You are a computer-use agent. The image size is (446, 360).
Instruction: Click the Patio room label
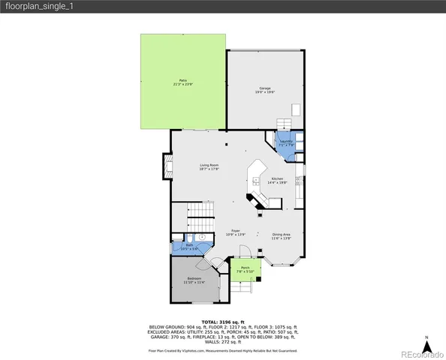point(182,80)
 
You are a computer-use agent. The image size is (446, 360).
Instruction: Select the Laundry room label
point(286,141)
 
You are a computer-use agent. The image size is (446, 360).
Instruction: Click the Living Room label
point(209,165)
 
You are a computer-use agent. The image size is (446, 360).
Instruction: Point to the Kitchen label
point(277,178)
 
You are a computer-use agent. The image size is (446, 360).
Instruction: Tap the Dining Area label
point(281,235)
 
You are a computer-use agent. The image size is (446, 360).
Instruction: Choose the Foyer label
point(235,232)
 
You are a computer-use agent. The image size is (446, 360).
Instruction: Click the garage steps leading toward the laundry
point(285,124)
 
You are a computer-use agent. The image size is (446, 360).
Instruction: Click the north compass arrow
point(426,343)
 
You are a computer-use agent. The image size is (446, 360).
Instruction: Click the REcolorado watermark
point(420,353)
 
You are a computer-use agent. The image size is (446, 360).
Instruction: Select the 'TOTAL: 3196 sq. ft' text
point(222,321)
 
